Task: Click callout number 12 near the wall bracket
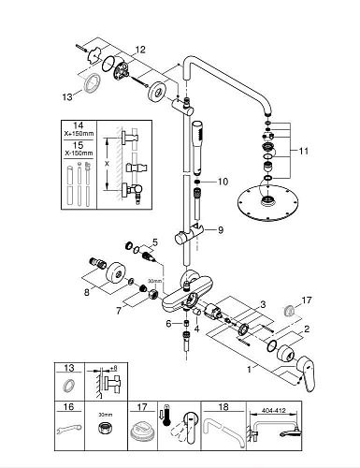(140, 50)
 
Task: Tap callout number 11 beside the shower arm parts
(303, 151)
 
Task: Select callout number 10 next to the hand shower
(223, 182)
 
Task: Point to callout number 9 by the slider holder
(221, 230)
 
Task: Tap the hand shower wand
(197, 148)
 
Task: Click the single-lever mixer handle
(305, 374)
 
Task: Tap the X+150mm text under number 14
(79, 134)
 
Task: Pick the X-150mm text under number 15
(79, 154)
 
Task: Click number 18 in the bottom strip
(223, 407)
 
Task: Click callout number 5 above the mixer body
(155, 242)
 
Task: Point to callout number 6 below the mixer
(168, 324)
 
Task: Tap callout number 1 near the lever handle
(249, 370)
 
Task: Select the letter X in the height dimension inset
(107, 165)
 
